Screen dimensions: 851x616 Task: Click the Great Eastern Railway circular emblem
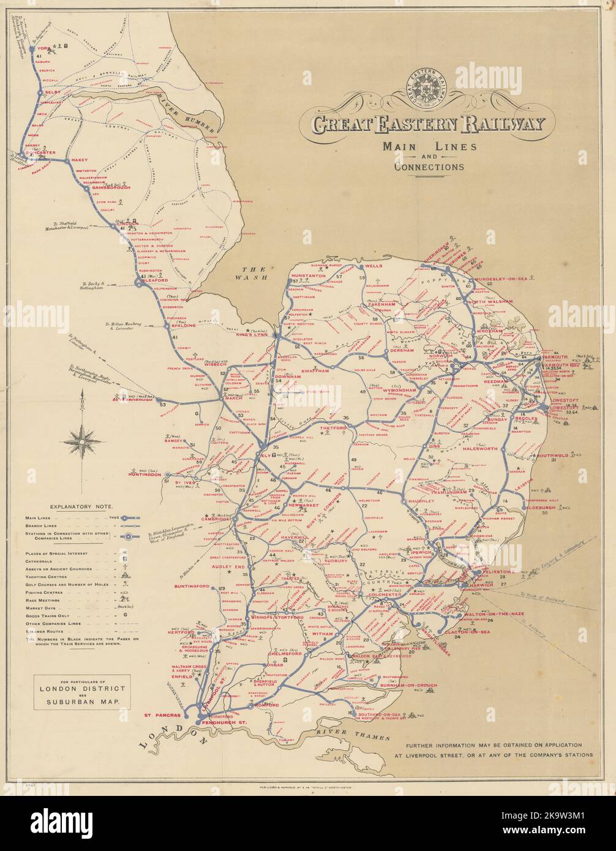point(428,89)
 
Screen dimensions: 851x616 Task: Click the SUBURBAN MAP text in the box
point(81,703)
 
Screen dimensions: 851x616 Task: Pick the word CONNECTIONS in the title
point(429,167)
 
